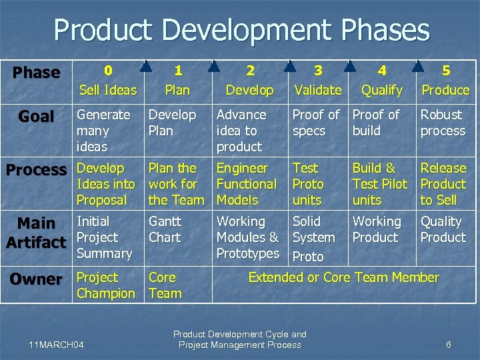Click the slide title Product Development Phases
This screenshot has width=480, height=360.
[241, 31]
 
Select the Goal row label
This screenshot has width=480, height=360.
[36, 117]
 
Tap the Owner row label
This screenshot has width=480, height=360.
[36, 279]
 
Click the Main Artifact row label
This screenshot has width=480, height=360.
[36, 232]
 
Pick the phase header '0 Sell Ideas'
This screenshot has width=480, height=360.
[107, 80]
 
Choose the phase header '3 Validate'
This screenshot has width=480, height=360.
[318, 80]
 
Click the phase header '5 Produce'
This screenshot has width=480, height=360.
[445, 80]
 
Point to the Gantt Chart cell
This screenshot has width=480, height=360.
[165, 229]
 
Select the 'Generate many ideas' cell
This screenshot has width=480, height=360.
[104, 131]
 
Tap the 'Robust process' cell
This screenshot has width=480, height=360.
[443, 123]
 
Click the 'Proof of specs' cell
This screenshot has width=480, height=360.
[316, 123]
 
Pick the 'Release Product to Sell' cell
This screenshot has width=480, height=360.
[443, 184]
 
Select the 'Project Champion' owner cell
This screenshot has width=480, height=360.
[106, 285]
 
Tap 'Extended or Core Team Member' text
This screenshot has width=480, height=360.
[343, 277]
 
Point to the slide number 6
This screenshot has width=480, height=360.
[449, 345]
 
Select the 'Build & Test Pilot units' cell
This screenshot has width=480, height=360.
[379, 184]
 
